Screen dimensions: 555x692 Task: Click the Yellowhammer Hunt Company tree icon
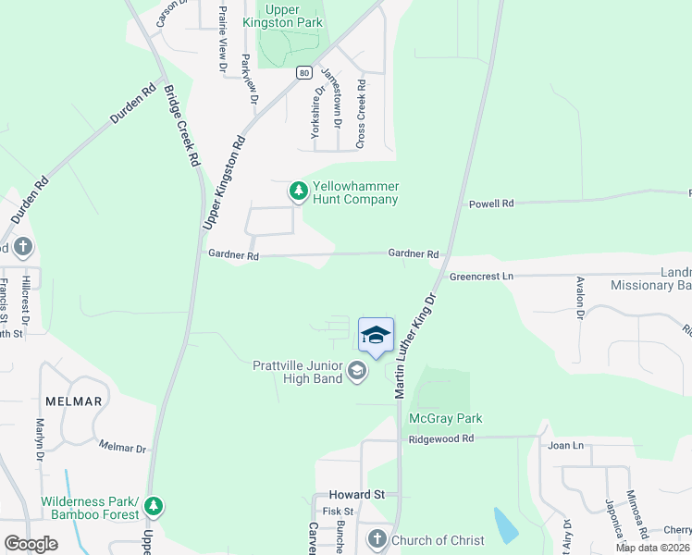pos(298,191)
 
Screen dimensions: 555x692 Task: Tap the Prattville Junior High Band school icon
pos(356,372)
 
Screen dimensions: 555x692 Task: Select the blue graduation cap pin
pos(376,336)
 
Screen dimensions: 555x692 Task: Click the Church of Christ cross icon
pos(377,539)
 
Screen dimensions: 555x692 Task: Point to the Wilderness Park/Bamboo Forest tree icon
pos(154,507)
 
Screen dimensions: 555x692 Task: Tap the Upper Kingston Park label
pos(281,15)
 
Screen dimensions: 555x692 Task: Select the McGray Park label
pos(446,418)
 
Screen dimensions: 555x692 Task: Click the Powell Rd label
pos(490,203)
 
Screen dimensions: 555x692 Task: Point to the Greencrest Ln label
pos(481,277)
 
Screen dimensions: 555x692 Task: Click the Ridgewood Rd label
pos(441,438)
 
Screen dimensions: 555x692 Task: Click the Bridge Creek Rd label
pos(181,125)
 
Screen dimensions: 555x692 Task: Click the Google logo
pos(31,544)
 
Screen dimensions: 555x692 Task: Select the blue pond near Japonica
pos(506,525)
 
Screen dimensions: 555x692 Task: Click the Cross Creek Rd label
pos(361,113)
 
